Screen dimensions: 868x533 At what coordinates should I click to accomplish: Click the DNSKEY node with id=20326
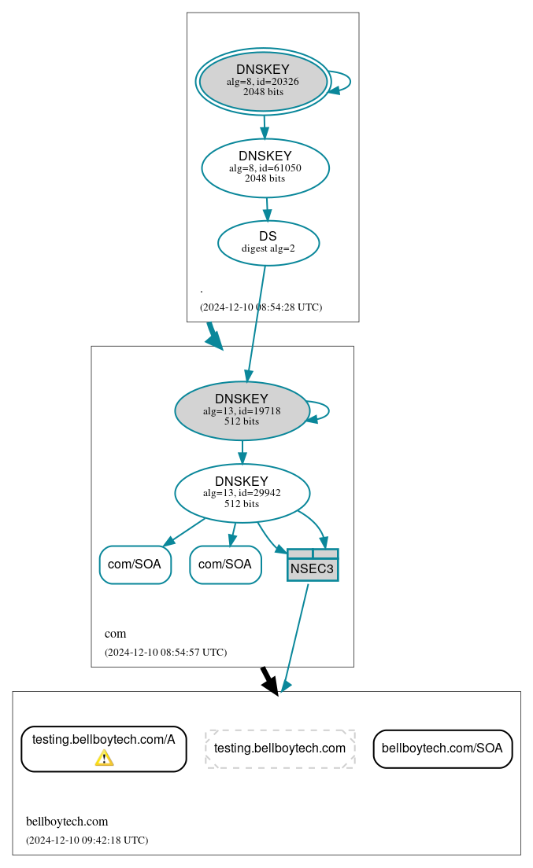point(263,82)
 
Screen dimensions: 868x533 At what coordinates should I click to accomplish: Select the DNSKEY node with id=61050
point(265,167)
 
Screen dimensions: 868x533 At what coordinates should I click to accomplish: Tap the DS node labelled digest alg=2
point(268,243)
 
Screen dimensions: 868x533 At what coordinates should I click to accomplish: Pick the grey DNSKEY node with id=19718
point(242,410)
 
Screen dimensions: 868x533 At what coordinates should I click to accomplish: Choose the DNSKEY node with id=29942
point(242,493)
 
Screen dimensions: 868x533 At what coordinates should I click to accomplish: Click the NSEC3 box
point(313,565)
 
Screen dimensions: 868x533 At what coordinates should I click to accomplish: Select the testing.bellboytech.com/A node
point(103,748)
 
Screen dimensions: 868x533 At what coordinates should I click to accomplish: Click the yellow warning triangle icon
point(104,757)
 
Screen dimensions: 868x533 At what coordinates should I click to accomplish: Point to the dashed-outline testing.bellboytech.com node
point(279,748)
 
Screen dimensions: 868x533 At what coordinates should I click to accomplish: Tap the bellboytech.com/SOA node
point(442,748)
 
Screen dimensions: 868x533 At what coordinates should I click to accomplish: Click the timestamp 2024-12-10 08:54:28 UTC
point(261,307)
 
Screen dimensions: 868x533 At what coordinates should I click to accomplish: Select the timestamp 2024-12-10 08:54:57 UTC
point(165,652)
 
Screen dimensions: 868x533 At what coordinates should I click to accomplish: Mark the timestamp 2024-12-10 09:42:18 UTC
point(87,840)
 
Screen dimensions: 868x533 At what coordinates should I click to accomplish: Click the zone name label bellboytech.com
point(67,822)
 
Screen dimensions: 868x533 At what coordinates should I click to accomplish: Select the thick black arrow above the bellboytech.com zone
point(269,681)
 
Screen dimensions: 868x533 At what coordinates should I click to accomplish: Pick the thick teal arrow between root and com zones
point(214,336)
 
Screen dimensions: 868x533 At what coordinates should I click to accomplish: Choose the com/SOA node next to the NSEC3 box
point(225,565)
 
